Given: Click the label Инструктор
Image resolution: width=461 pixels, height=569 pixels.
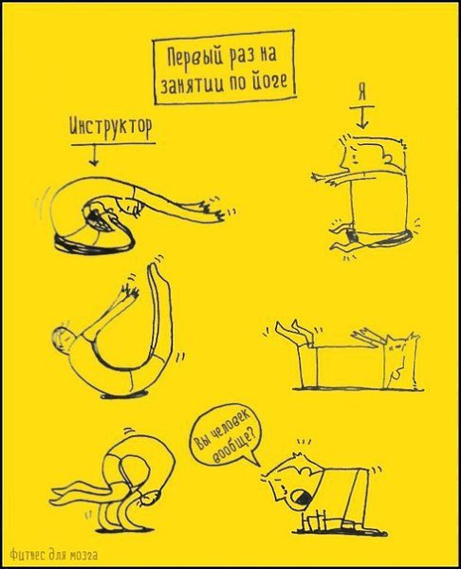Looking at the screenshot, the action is tap(110, 128).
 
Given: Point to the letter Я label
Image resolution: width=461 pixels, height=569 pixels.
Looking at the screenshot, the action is tap(361, 92).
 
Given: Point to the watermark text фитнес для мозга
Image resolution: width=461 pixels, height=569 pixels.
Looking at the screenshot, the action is tap(53, 555).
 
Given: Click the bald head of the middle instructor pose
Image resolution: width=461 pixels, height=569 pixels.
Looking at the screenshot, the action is tap(63, 339).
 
